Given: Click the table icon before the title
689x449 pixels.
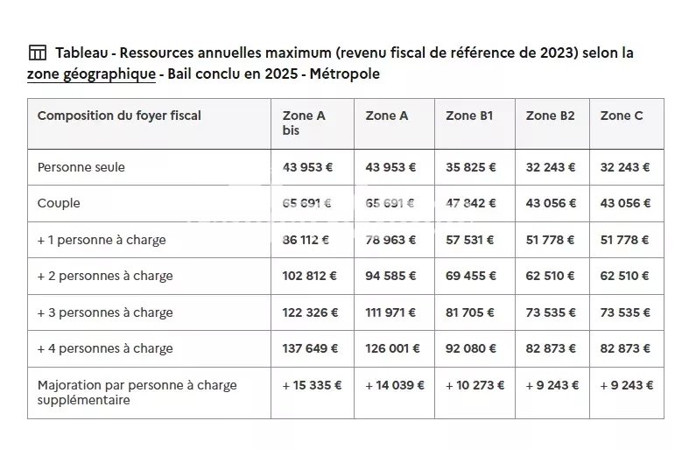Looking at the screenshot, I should click(37, 53).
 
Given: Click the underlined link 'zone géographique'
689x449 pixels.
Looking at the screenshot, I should click(91, 74).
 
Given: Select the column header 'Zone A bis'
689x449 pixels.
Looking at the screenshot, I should click(304, 123).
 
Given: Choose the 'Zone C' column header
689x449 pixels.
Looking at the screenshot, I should click(622, 116).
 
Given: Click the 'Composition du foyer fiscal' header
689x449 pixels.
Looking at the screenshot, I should click(119, 116).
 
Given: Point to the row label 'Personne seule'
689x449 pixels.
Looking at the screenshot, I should click(81, 167).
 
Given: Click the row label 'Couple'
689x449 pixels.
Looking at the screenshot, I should click(59, 203).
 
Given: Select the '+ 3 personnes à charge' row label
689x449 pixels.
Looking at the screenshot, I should click(105, 312).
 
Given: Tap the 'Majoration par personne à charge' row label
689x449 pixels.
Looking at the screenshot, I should click(137, 392).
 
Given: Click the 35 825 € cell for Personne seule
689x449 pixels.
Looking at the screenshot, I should click(471, 167).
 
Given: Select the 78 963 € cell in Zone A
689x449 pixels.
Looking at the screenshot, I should click(390, 240).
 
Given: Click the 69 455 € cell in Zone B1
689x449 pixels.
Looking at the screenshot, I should click(471, 276).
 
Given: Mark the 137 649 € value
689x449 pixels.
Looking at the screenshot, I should click(310, 348).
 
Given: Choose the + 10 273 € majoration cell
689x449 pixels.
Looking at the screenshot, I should click(474, 385).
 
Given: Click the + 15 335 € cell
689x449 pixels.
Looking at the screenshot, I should click(312, 385).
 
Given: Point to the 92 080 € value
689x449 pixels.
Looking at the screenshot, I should click(471, 348).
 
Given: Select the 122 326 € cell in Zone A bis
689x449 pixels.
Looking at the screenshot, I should click(310, 312).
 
